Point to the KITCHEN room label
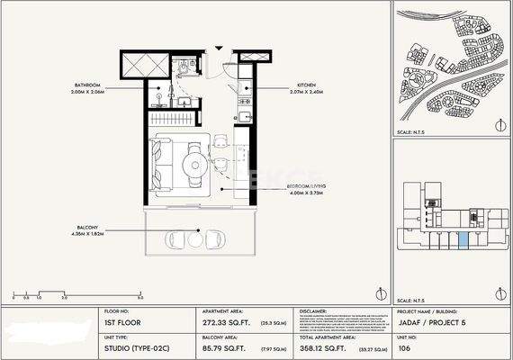301,85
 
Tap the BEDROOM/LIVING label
307,186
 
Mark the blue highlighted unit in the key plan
463,240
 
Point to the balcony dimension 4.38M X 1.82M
88,236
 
